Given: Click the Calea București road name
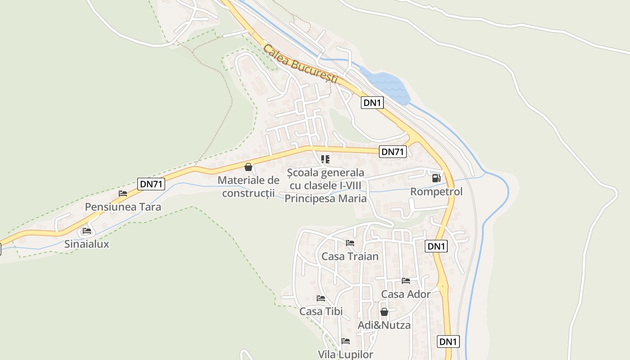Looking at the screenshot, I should (x=300, y=63).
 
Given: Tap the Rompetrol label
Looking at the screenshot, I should (x=436, y=192).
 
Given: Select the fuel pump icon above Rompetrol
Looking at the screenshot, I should (x=436, y=178).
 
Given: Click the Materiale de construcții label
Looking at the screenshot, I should (x=248, y=187).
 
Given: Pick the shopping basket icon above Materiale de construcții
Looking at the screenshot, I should (x=248, y=167).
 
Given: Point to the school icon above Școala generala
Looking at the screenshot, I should (x=325, y=159).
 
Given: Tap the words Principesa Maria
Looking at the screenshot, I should (x=325, y=198).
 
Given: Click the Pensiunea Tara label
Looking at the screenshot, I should (x=123, y=207).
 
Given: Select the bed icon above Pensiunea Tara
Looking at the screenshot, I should (x=123, y=193).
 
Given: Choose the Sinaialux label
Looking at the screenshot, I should (x=87, y=244).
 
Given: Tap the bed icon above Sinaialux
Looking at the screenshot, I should (x=87, y=231).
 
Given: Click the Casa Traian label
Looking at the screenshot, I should (x=350, y=256).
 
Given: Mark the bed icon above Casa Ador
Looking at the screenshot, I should (x=406, y=281).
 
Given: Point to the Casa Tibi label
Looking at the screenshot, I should (x=321, y=311).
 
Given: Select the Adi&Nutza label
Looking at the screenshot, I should (x=384, y=325).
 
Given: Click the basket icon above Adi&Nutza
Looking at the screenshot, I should (x=384, y=312).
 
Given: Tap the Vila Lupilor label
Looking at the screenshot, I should (x=346, y=355).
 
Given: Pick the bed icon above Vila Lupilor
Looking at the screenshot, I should (x=346, y=341).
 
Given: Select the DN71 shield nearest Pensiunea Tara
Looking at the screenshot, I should (x=151, y=184).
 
